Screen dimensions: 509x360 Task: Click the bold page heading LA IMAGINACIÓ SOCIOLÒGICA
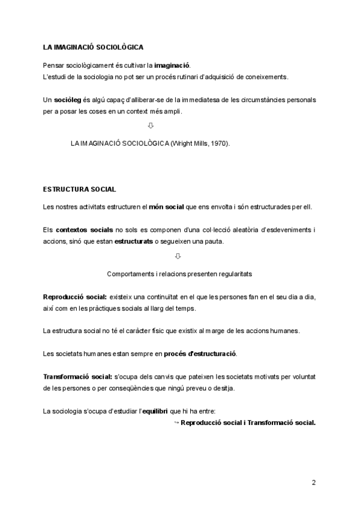(x=93, y=46)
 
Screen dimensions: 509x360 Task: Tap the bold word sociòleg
(x=67, y=100)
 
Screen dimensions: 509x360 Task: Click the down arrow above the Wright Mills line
(x=151, y=125)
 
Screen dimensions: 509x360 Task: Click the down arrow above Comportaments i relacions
(x=178, y=256)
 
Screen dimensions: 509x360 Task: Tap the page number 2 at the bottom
(x=314, y=483)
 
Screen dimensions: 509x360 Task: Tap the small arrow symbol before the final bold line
(x=176, y=423)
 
